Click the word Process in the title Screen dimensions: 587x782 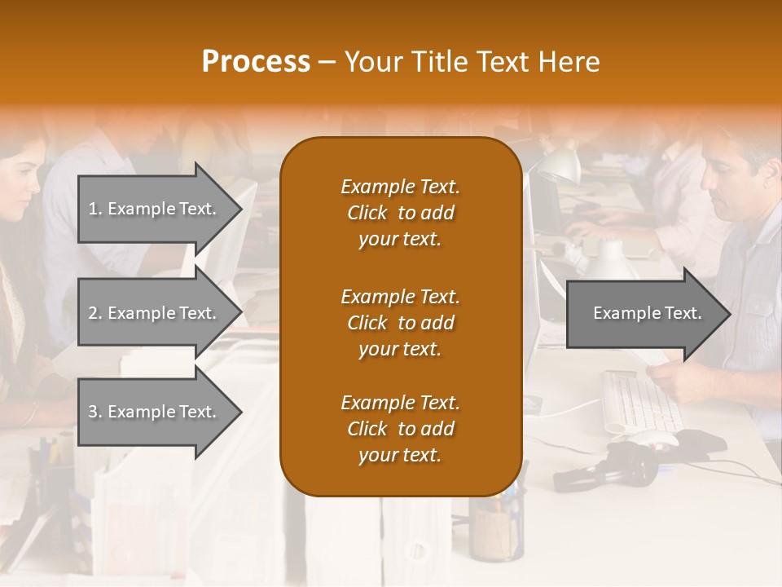point(256,62)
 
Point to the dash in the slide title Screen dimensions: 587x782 point(327,63)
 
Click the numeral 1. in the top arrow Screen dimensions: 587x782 point(95,209)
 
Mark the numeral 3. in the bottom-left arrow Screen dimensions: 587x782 point(95,412)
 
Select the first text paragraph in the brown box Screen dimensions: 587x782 point(400,213)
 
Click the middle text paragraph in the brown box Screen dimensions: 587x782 point(400,322)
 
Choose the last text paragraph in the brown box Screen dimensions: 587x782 point(400,429)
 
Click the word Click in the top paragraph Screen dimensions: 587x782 point(367,213)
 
